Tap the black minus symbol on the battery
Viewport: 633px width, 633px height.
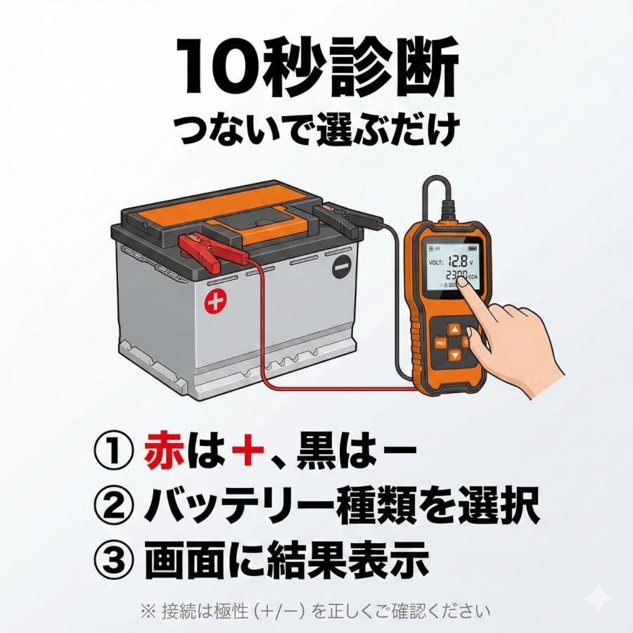click(x=342, y=267)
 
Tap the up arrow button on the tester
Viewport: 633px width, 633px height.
click(x=455, y=329)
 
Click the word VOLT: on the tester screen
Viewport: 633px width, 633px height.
click(x=434, y=262)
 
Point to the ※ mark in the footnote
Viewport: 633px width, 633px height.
click(x=148, y=610)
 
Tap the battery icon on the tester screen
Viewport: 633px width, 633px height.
click(x=470, y=248)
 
